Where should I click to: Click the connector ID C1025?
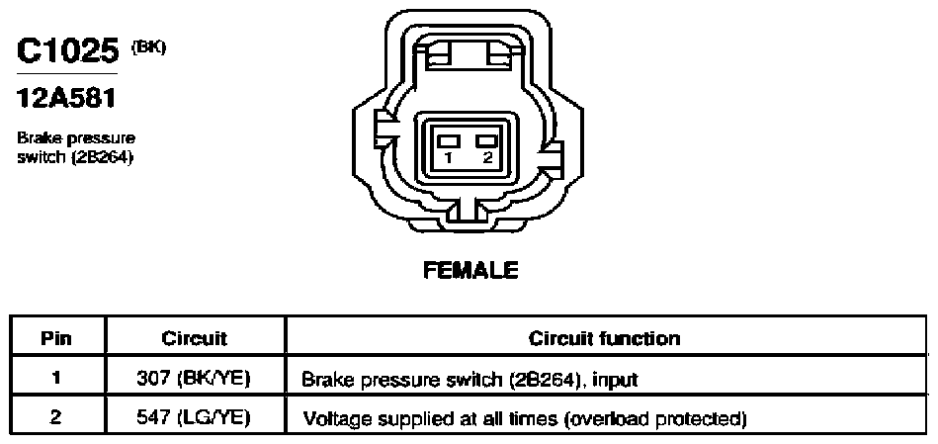[x=67, y=50]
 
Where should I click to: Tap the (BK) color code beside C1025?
[x=147, y=47]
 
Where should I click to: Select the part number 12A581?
[x=66, y=99]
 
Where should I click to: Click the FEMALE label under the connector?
[x=470, y=271]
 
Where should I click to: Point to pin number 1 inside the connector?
[x=449, y=158]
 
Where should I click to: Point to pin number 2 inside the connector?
[x=487, y=158]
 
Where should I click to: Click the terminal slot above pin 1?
[x=449, y=140]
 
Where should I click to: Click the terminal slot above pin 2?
[x=487, y=140]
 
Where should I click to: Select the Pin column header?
[x=56, y=338]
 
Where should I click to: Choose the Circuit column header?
[x=195, y=338]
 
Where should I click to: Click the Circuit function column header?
[x=604, y=338]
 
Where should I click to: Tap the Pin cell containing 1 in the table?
[x=55, y=379]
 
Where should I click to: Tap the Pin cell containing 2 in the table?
[x=55, y=416]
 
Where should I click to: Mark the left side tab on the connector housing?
[x=384, y=130]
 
